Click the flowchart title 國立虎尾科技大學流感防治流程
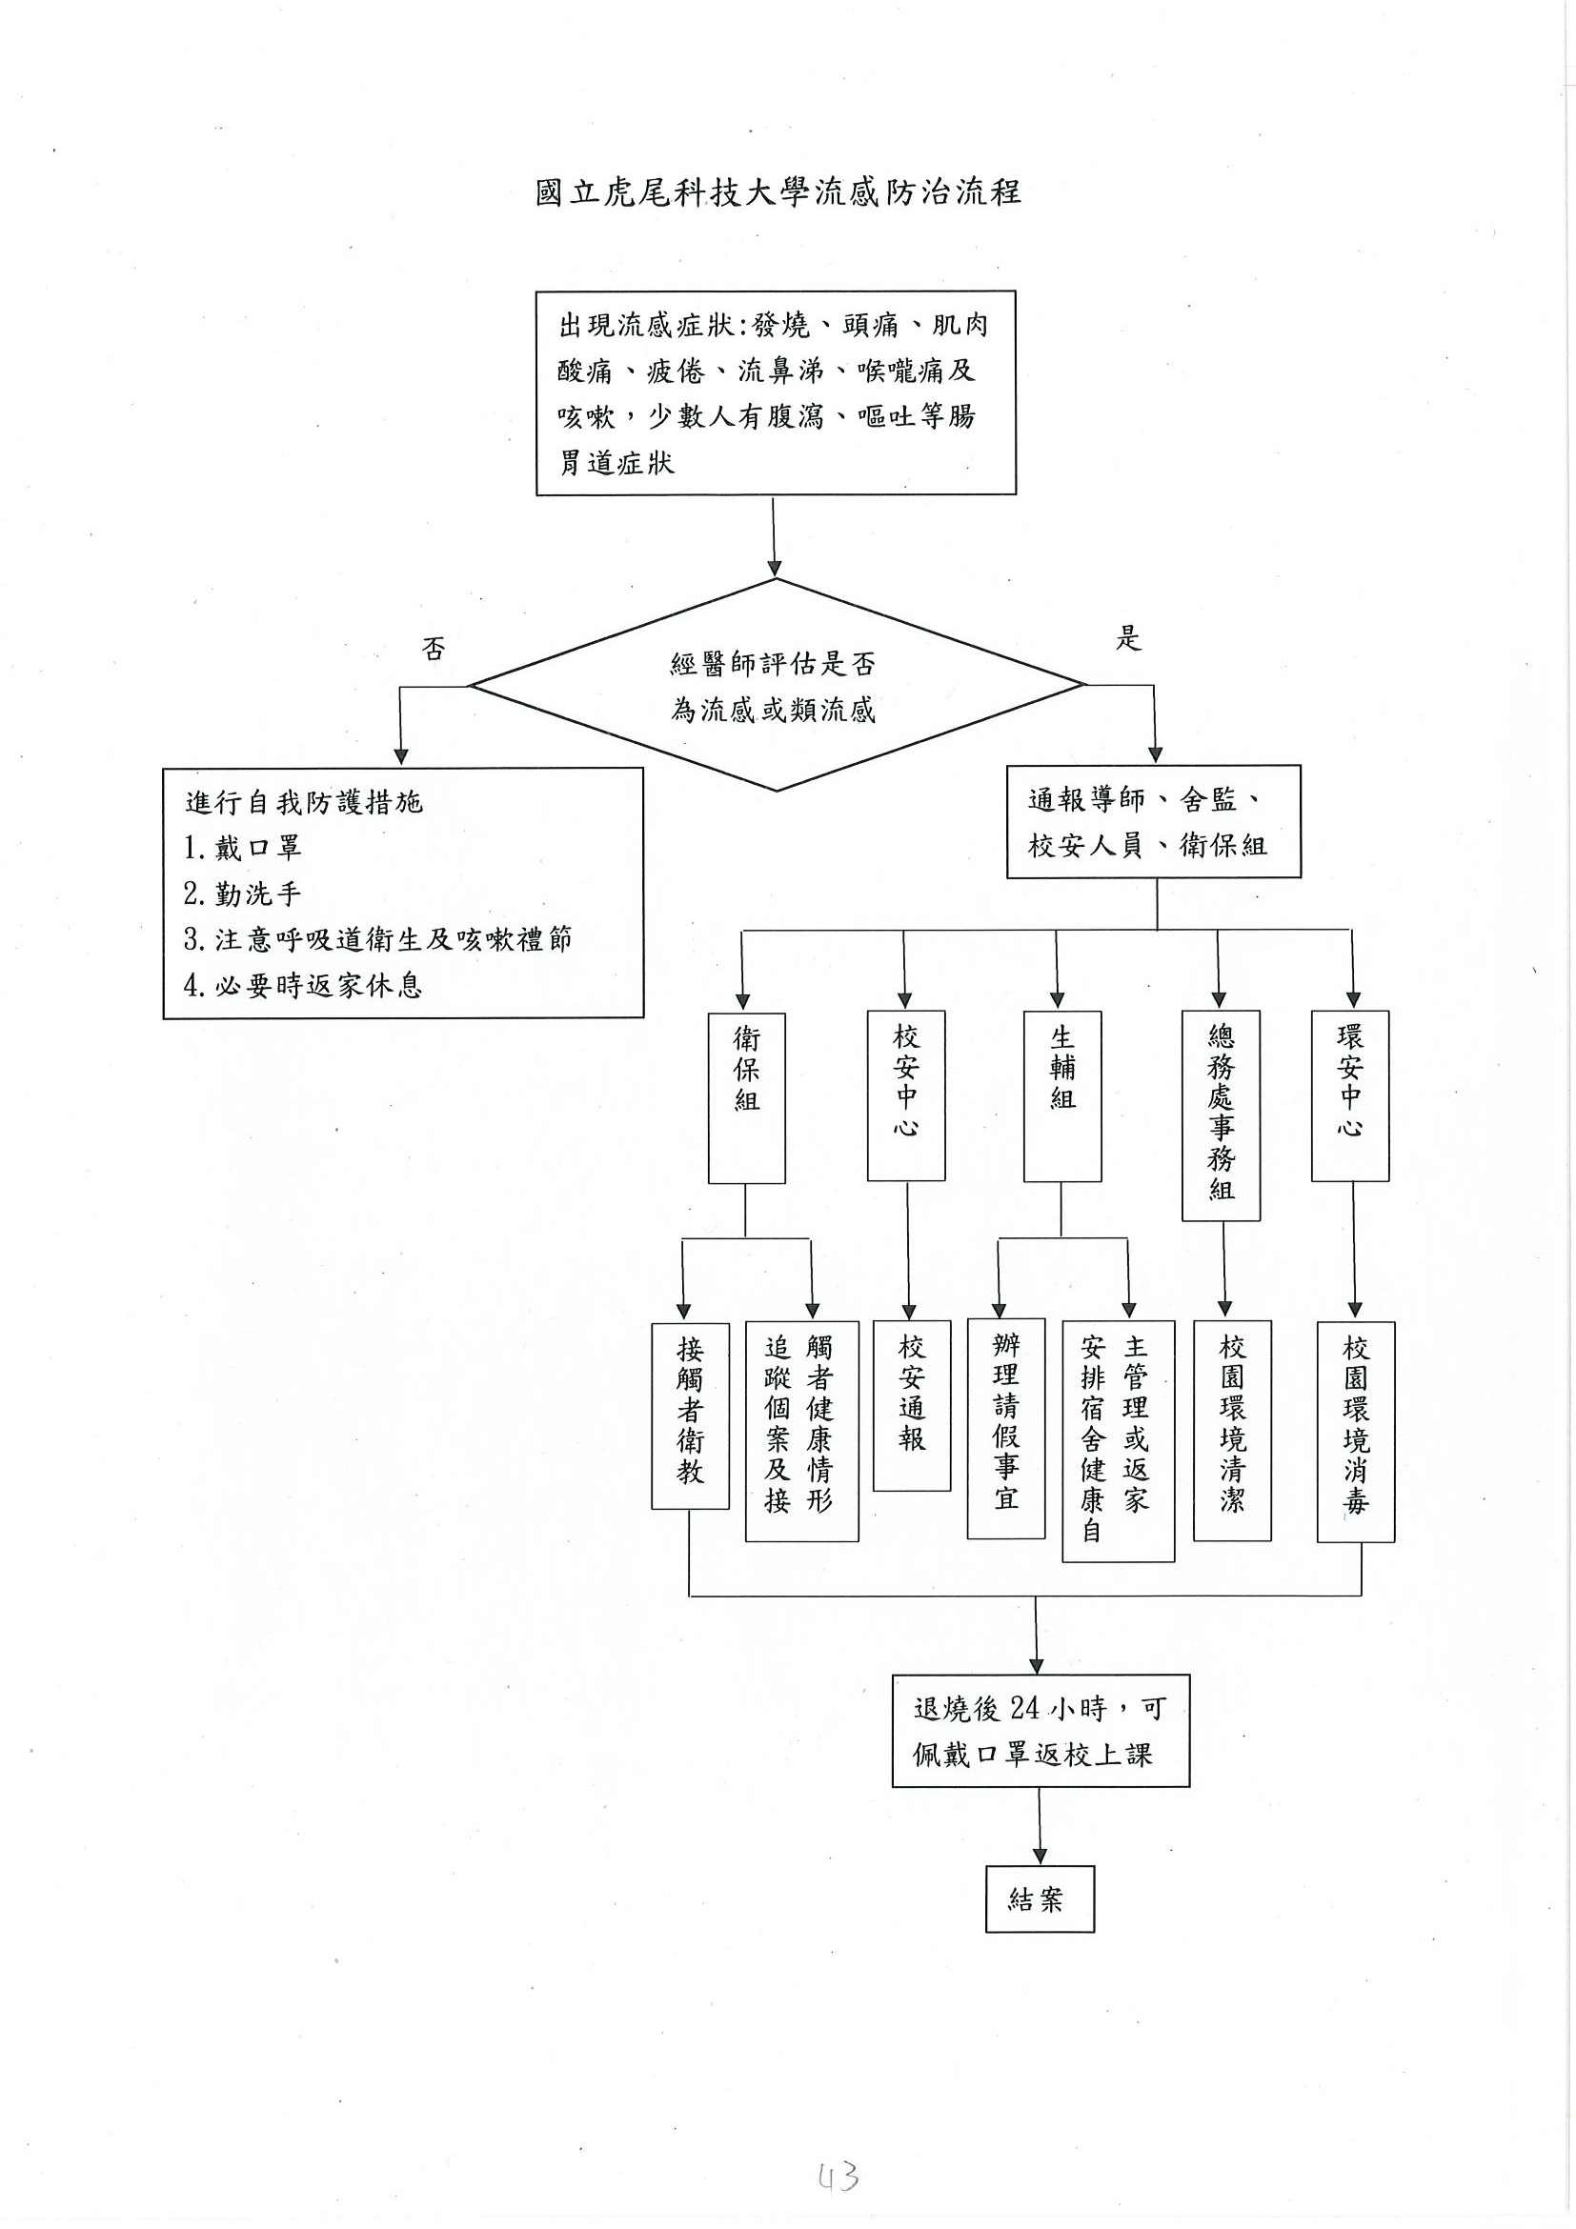778,192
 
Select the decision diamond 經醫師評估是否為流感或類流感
774,687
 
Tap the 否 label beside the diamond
434,649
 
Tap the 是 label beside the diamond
1127,639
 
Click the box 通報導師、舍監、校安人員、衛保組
1153,822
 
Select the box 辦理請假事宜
1006,1427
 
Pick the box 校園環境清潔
1231,1430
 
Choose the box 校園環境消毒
1356,1431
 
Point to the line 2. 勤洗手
243,894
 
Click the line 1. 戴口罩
243,848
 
